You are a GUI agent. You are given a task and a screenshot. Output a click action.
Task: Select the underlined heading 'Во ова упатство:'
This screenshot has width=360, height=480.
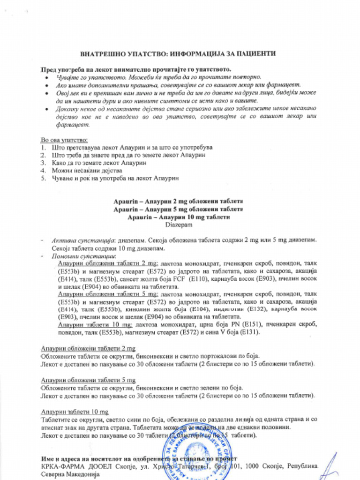tap(64, 140)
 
